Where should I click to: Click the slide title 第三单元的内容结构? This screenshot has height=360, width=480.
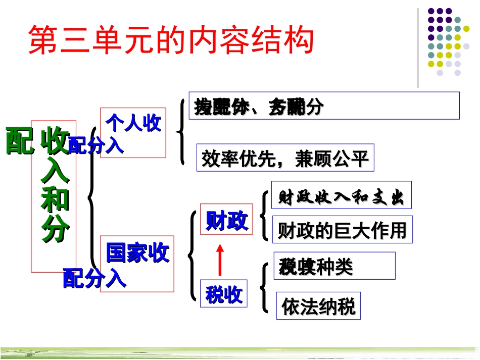click(x=171, y=40)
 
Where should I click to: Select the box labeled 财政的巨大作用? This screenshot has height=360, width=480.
click(x=342, y=230)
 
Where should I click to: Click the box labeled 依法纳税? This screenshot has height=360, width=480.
click(x=319, y=306)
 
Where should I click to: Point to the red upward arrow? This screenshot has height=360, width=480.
click(x=220, y=259)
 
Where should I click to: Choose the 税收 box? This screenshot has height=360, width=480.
click(x=224, y=294)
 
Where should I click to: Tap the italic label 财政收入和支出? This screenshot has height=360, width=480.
click(x=341, y=196)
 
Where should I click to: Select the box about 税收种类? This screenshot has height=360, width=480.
click(x=334, y=266)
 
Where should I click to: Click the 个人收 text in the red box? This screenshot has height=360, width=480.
click(x=133, y=123)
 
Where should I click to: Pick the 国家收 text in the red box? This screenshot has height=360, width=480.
click(x=137, y=252)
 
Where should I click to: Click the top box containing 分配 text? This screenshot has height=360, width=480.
click(x=324, y=106)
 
